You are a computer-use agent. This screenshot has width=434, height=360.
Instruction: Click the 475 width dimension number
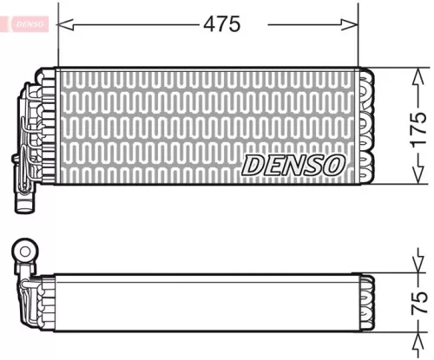click(x=221, y=24)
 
